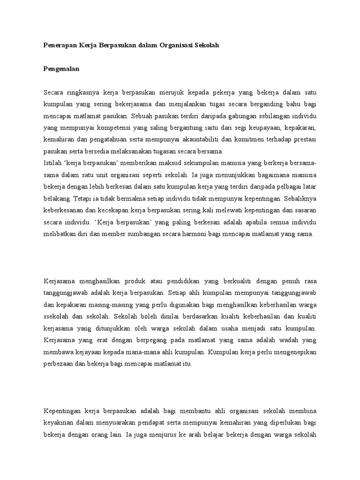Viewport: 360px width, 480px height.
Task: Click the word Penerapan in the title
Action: coord(58,45)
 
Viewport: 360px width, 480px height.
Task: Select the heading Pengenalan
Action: coord(61,69)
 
